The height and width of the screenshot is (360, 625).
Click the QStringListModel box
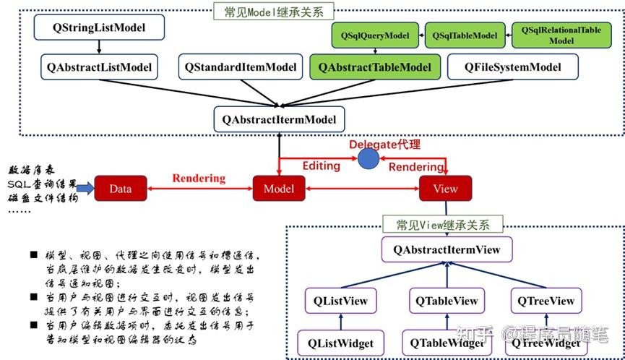point(99,28)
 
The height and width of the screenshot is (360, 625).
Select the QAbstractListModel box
point(99,68)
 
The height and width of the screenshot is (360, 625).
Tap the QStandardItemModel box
point(241,68)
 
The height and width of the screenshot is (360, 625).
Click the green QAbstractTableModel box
point(374,68)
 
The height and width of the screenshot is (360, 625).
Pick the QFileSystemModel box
point(513,68)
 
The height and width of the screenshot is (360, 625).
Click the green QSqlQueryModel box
point(376,35)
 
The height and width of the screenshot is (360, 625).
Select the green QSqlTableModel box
point(465,35)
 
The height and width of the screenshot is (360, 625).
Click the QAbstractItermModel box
point(279,119)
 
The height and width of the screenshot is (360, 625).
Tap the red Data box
point(120,189)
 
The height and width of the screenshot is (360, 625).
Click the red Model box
point(278,189)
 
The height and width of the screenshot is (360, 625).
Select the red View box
point(445,189)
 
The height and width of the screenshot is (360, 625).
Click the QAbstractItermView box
point(446,250)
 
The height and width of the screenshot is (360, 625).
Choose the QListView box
point(340,301)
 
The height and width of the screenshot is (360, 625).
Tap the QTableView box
point(446,301)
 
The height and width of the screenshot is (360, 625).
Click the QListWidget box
point(340,342)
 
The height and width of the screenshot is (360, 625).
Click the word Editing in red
point(321,166)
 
